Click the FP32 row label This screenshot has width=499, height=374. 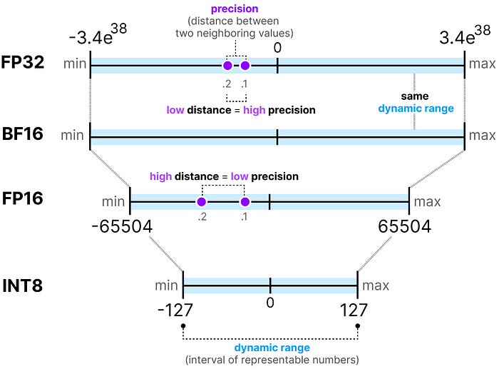(x=23, y=62)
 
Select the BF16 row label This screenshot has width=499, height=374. (x=23, y=133)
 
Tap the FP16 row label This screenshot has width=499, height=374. (x=23, y=198)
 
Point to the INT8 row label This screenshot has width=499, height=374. (x=23, y=285)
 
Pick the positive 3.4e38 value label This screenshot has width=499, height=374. (x=465, y=34)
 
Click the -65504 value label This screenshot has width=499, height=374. (x=122, y=227)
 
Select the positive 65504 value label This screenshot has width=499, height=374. (x=404, y=227)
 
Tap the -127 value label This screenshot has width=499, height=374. (x=175, y=310)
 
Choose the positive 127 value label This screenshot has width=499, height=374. (x=354, y=310)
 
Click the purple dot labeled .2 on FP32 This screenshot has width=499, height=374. (x=227, y=66)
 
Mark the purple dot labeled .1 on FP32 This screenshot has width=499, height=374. (x=245, y=66)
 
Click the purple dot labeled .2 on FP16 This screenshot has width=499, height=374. (x=202, y=202)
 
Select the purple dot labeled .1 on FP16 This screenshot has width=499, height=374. (x=245, y=202)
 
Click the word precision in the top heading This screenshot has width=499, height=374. (x=235, y=9)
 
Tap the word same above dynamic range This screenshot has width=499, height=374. (x=415, y=96)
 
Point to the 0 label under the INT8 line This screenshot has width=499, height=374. (x=270, y=303)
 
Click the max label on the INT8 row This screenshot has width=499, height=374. (x=376, y=285)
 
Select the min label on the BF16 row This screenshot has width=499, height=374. (x=72, y=136)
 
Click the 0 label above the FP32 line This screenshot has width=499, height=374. (x=277, y=48)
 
